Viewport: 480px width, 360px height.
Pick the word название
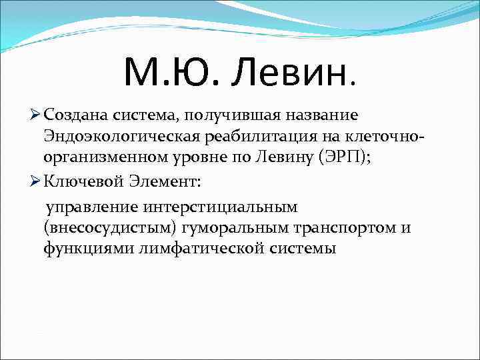click(324, 115)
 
